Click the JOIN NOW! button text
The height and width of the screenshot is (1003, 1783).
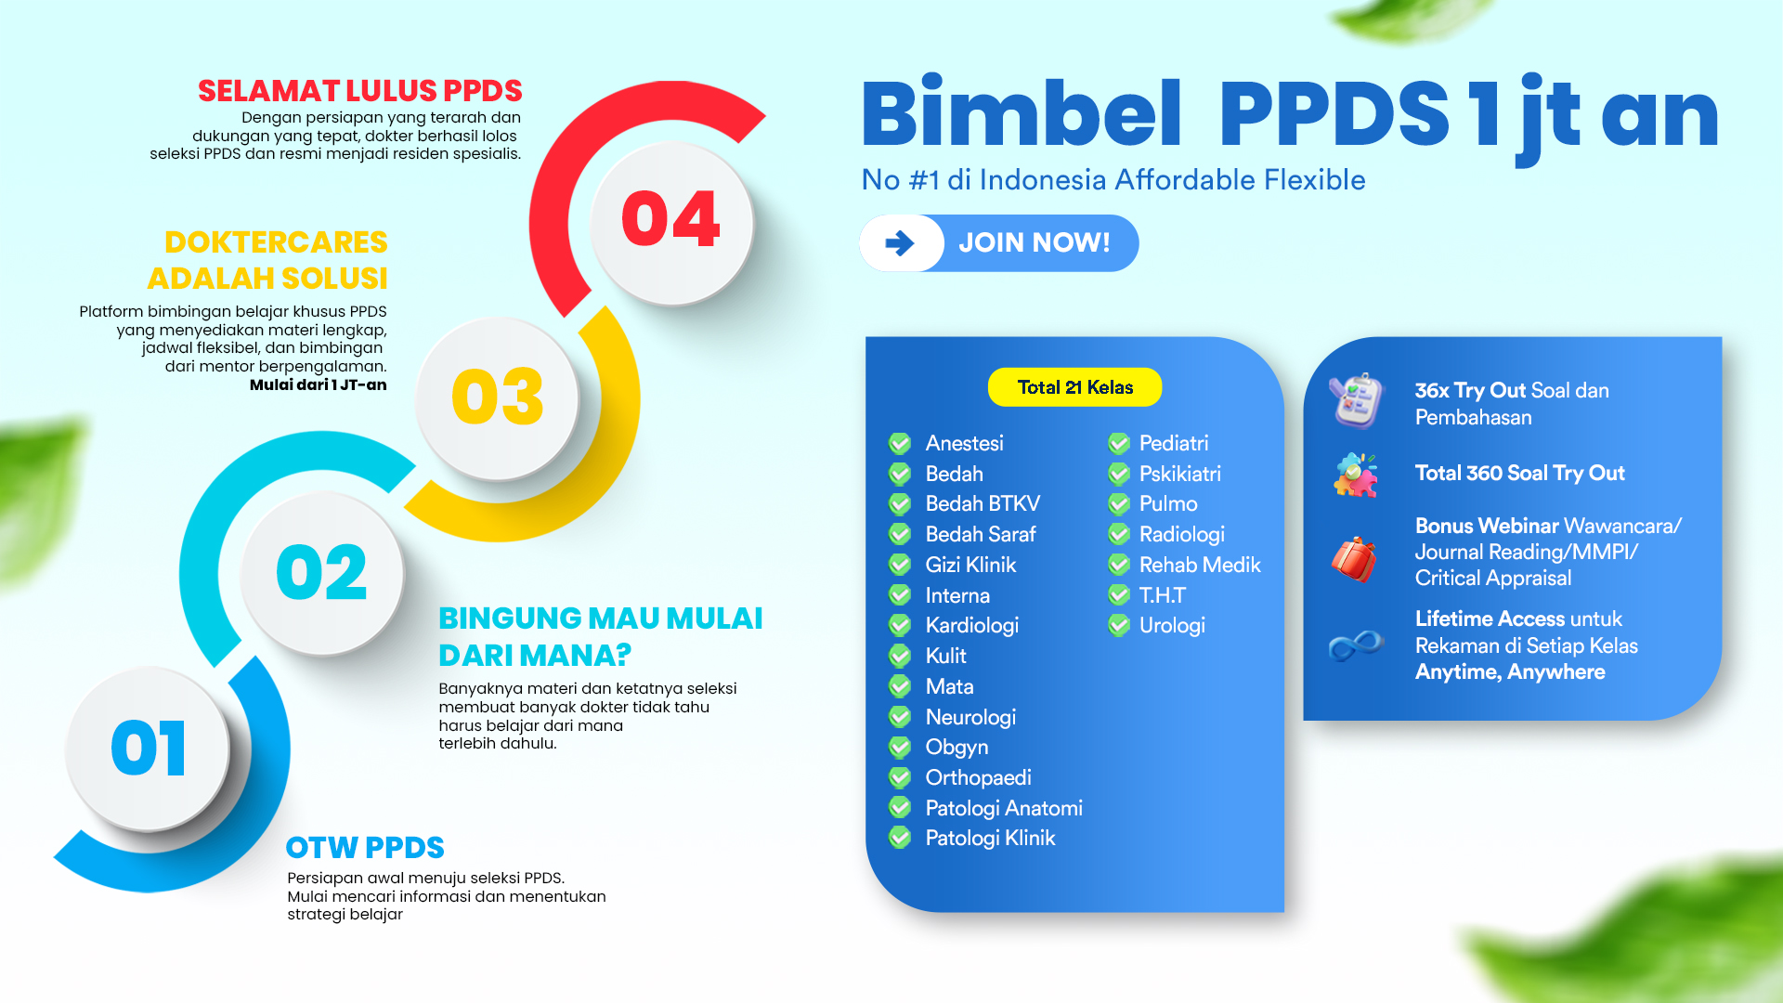1035,243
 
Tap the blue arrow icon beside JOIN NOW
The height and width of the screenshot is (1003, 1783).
899,243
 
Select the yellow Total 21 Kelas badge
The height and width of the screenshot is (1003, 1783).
1074,387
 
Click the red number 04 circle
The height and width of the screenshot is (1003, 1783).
671,223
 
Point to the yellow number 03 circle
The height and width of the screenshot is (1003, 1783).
498,397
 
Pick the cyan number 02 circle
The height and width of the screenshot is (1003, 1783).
322,573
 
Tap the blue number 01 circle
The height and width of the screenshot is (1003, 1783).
149,749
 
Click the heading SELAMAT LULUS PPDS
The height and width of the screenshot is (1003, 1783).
360,91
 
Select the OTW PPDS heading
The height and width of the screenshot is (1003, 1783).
365,848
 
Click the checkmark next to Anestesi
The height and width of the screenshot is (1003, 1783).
900,444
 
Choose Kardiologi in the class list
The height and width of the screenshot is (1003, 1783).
972,626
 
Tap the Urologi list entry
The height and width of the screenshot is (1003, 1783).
1172,626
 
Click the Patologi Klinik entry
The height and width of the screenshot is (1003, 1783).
990,839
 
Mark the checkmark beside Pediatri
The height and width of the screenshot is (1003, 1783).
1119,444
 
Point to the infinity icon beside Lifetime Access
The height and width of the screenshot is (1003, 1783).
1356,645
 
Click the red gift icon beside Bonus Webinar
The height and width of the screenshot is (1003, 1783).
1354,559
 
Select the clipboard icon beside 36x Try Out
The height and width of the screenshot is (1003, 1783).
1355,401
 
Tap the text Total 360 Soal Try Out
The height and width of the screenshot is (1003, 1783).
1520,474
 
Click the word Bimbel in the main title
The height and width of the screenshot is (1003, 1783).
1022,114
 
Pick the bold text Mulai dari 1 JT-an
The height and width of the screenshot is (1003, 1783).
319,384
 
